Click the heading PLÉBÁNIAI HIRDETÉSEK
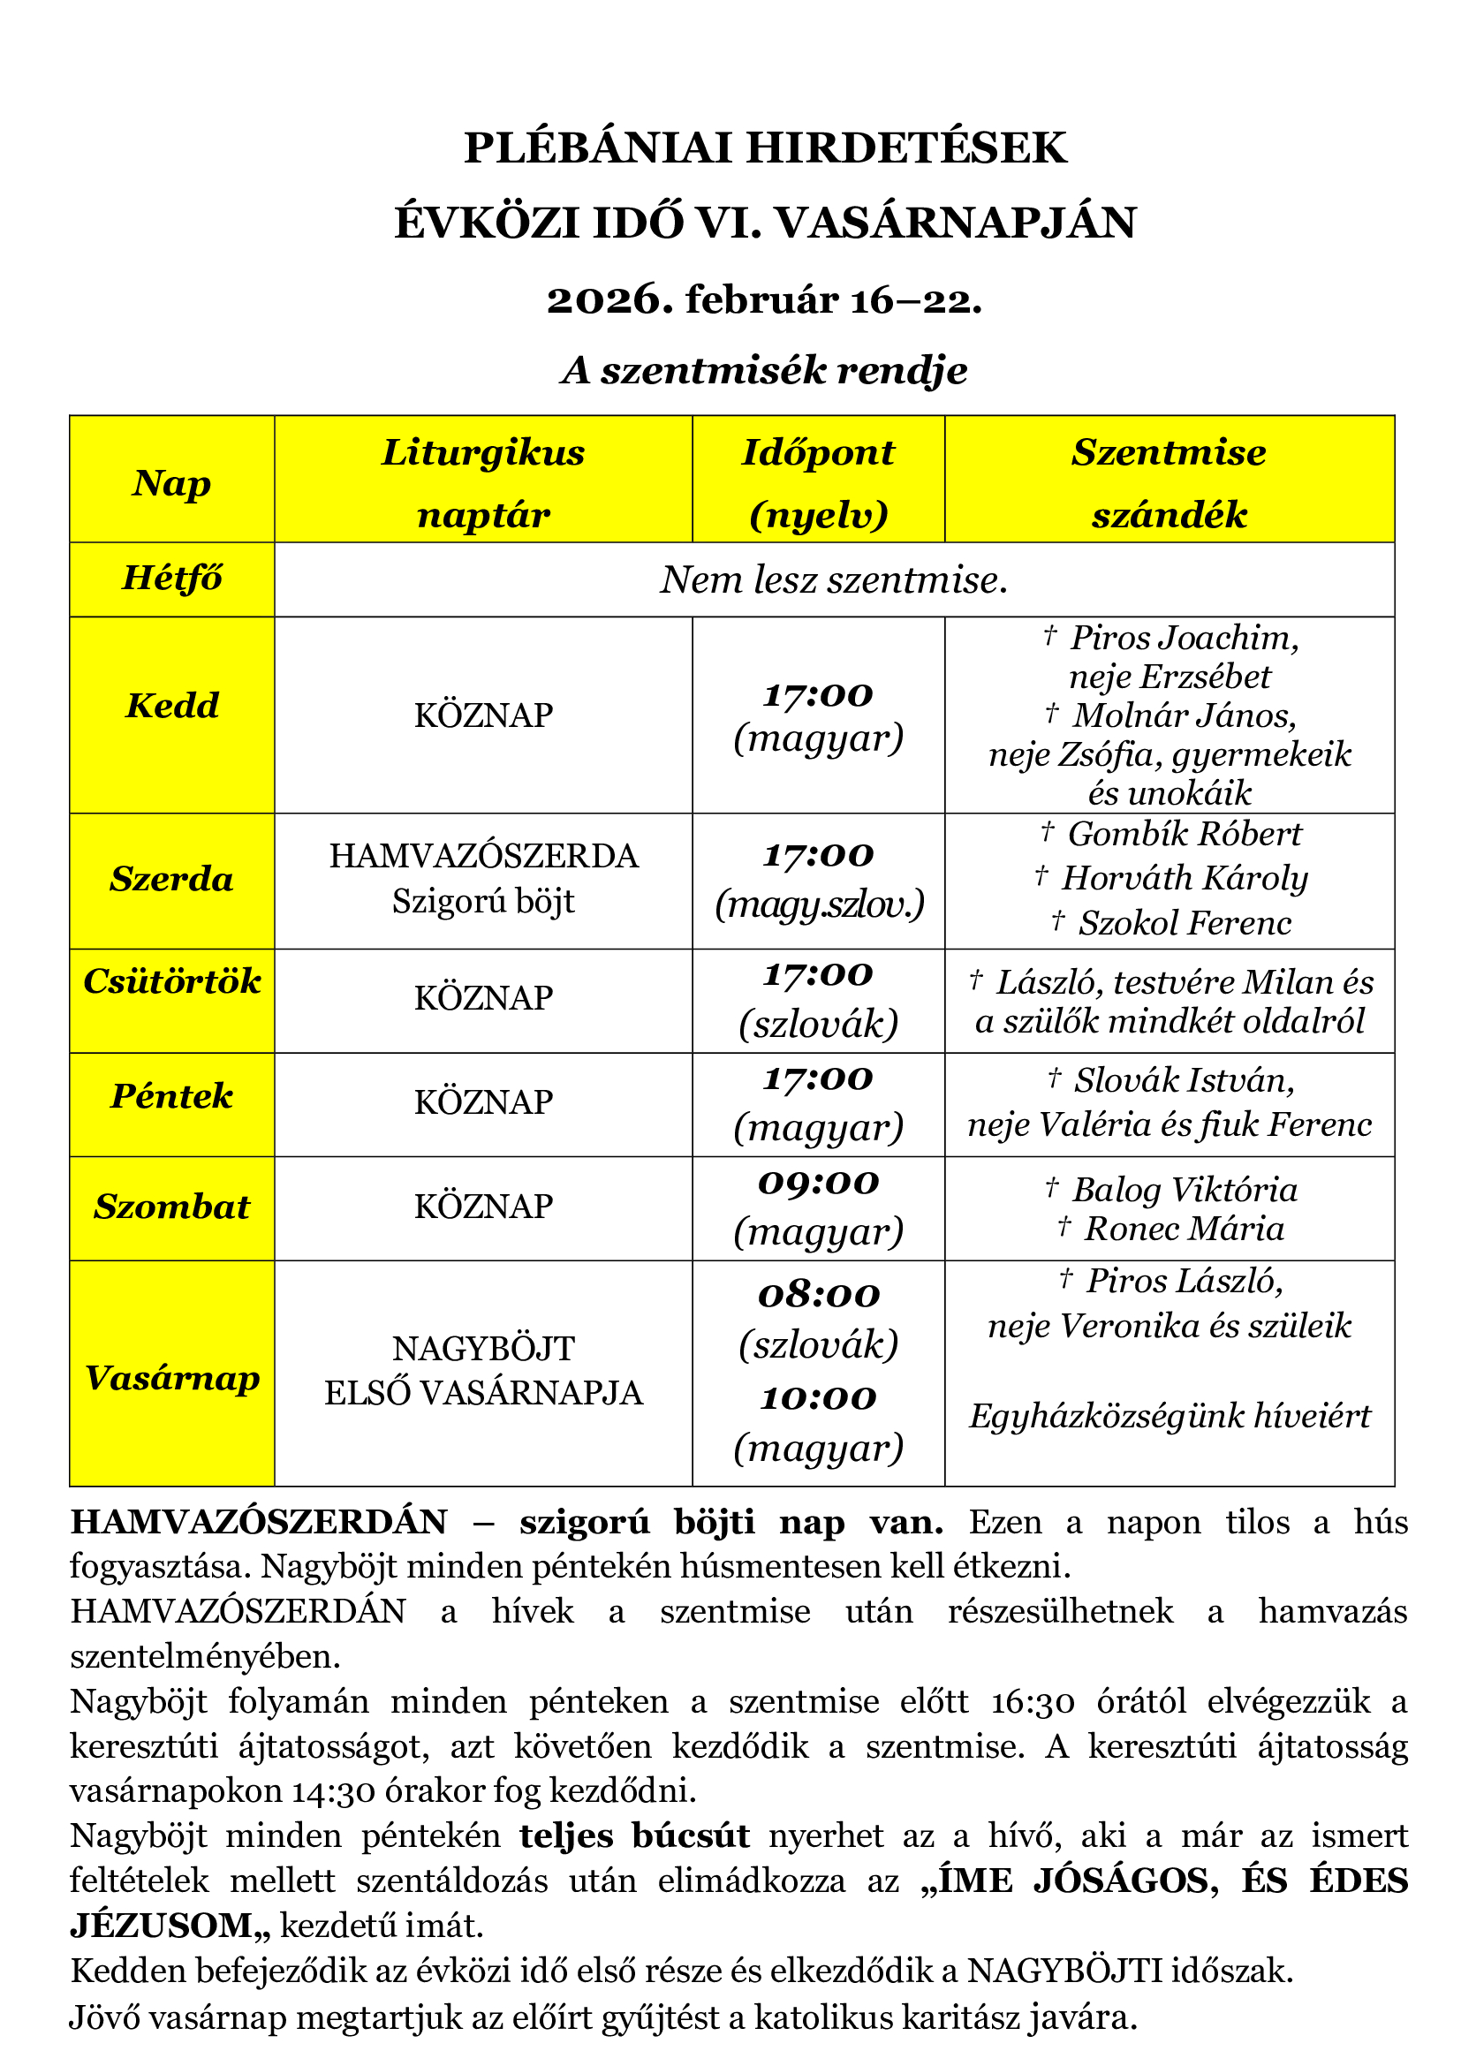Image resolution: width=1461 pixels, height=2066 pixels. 765,148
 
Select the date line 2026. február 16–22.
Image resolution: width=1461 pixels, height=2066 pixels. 765,299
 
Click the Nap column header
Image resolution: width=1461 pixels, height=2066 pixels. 172,483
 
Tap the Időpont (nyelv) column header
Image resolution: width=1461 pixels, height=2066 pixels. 818,483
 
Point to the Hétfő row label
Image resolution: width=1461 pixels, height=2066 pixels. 172,579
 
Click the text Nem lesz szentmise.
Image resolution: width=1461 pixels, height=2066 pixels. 834,580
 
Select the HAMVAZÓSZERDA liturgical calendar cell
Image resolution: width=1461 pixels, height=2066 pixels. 484,856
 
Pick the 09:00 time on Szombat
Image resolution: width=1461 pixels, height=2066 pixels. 818,1183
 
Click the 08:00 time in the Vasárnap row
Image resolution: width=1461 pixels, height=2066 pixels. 818,1295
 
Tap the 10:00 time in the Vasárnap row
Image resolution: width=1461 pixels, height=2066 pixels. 818,1397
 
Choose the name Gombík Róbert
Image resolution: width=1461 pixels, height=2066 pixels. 1184,834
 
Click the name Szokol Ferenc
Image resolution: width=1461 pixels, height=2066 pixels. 1184,923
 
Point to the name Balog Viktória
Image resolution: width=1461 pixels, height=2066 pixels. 1184,1190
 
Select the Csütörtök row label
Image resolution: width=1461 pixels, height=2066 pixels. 172,980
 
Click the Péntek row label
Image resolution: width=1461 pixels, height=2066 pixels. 172,1096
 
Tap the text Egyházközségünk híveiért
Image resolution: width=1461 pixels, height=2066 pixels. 1170,1416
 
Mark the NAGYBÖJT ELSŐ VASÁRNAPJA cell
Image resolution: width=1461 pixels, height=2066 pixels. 484,1371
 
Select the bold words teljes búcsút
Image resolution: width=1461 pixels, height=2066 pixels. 634,1835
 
